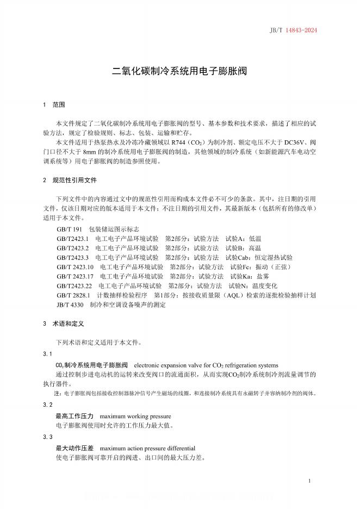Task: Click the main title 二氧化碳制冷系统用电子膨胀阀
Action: coord(179,71)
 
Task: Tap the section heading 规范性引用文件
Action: coord(74,180)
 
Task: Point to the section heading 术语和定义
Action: coord(68,324)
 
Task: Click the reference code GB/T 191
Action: coord(69,229)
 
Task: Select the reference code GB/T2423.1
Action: coord(72,239)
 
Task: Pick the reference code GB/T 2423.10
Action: coord(75,267)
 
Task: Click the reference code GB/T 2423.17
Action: coord(75,276)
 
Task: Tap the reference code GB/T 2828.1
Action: coord(73,295)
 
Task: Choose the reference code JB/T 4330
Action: coord(70,305)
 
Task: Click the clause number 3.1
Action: coord(47,354)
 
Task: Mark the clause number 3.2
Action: coord(47,405)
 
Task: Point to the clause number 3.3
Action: coord(47,437)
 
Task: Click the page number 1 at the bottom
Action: coord(309,482)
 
